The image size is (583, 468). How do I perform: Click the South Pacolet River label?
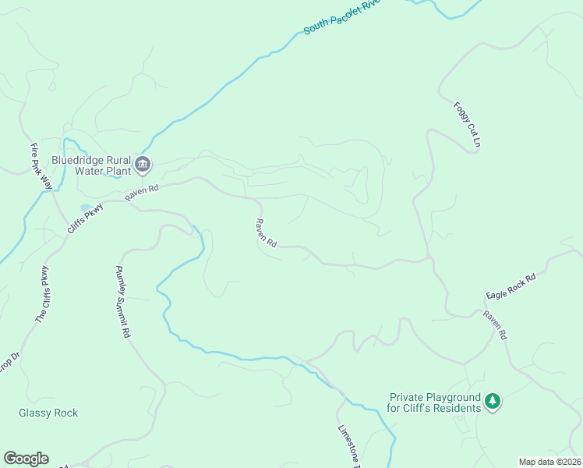pyautogui.click(x=341, y=16)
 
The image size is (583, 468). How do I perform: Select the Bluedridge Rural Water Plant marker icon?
pyautogui.click(x=143, y=164)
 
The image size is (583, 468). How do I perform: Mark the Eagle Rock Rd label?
pyautogui.click(x=511, y=286)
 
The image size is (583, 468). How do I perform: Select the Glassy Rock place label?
pyautogui.click(x=48, y=413)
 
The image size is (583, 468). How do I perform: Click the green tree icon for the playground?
pyautogui.click(x=492, y=402)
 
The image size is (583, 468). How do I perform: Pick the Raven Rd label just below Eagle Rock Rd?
pyautogui.click(x=495, y=325)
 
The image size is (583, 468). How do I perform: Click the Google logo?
pyautogui.click(x=26, y=459)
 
